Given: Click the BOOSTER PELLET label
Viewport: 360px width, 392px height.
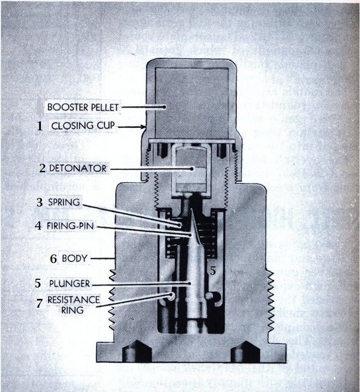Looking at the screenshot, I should click(x=83, y=107).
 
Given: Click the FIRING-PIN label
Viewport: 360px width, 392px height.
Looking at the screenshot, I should click(x=72, y=225).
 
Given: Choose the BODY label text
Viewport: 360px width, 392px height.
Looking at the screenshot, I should click(x=74, y=258).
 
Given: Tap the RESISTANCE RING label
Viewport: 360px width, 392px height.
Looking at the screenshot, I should click(x=73, y=305).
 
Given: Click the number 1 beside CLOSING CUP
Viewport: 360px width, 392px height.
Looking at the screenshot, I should click(x=39, y=126).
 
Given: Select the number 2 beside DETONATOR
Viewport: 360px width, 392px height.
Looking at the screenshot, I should click(x=42, y=168).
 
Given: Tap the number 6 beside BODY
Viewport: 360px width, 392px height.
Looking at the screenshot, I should click(x=53, y=259).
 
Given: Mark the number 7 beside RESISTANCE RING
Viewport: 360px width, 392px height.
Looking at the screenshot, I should click(x=39, y=304).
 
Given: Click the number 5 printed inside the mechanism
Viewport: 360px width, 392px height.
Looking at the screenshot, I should click(x=212, y=270).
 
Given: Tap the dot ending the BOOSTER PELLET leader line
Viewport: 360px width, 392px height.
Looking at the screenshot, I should click(x=164, y=108).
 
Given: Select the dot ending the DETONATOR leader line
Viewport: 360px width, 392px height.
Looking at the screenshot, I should click(x=191, y=168).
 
